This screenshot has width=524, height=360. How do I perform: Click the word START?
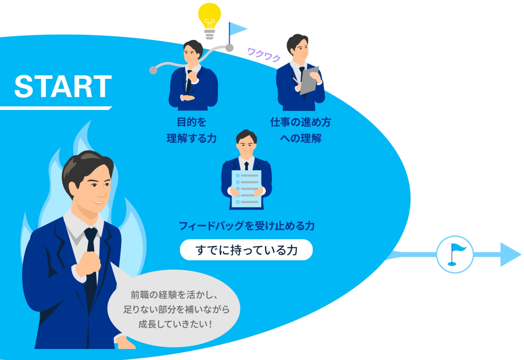coord(63,86)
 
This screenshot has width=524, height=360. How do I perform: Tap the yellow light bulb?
coord(209,21)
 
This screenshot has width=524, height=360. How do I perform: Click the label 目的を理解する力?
coord(191,130)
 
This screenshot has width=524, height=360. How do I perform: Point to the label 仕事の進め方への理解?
coord(301,130)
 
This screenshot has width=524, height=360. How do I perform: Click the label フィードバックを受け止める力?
coord(247,226)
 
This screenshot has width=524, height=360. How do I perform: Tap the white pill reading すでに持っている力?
coord(246,250)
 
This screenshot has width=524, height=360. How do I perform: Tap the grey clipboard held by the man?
coord(309,81)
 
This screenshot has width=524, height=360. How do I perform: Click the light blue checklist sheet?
coord(246,189)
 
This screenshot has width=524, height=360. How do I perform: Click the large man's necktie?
coord(91,269)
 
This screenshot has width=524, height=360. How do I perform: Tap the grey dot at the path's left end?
coord(153,70)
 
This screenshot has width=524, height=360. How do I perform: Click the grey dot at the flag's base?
coord(230,48)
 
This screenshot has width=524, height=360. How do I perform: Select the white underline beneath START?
coord(56,108)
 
